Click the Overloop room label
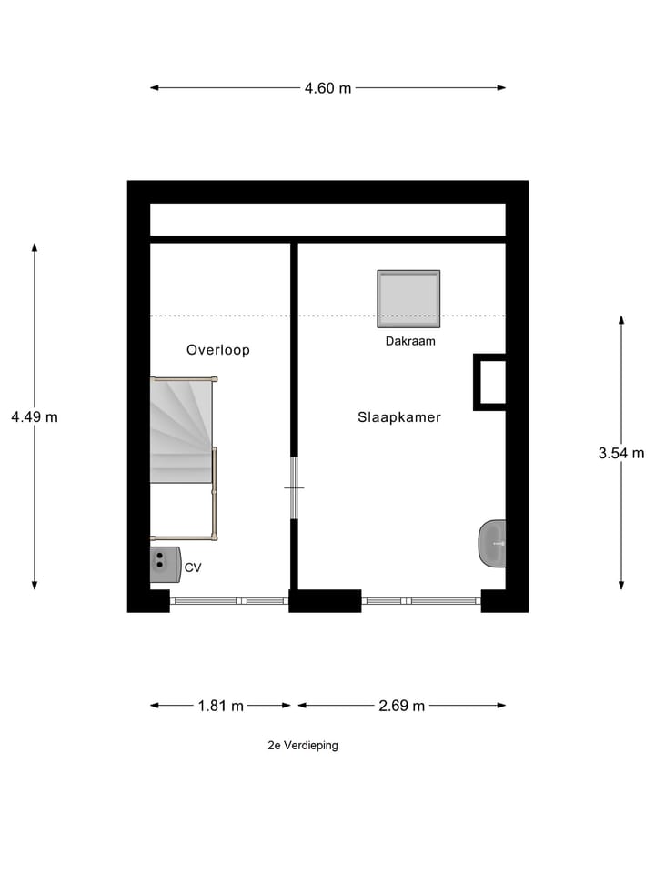click(x=218, y=350)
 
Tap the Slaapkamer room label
click(x=398, y=417)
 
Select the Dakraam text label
click(x=410, y=342)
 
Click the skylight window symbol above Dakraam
click(x=409, y=298)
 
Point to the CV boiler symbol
click(x=165, y=565)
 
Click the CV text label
click(x=193, y=567)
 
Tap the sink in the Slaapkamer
click(x=492, y=543)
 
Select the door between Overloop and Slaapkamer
click(x=294, y=488)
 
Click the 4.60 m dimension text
click(x=327, y=88)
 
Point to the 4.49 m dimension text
click(x=35, y=417)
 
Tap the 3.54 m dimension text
click(x=621, y=453)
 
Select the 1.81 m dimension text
click(x=221, y=706)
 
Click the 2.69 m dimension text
click(x=402, y=706)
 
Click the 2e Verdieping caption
click(x=303, y=745)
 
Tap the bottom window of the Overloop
click(x=229, y=600)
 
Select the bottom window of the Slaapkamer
click(x=421, y=600)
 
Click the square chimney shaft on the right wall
click(x=489, y=382)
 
